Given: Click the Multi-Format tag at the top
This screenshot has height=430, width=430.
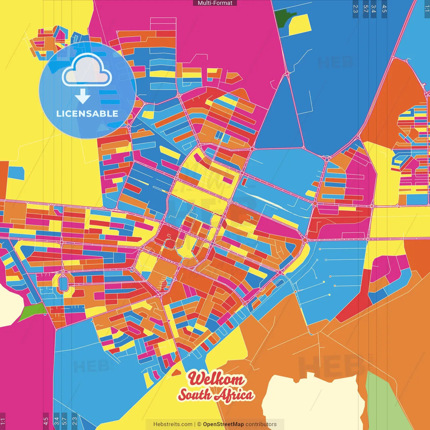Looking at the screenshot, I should (x=215, y=3).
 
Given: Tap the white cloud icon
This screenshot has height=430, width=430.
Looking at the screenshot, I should (x=87, y=71).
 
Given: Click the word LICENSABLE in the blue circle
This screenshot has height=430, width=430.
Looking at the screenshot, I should (x=87, y=114).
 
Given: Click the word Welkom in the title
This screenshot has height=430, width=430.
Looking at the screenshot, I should (x=216, y=379).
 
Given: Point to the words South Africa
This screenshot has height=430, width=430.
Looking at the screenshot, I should (x=216, y=395).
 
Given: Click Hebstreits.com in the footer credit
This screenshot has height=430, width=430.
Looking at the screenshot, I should (x=173, y=424).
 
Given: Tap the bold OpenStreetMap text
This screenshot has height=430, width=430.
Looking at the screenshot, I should (x=223, y=424).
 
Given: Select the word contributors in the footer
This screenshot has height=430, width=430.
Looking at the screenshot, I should (x=261, y=424).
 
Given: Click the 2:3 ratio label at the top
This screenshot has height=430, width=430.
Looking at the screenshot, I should (x=355, y=9).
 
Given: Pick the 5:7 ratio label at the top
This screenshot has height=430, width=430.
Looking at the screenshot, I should (x=365, y=9).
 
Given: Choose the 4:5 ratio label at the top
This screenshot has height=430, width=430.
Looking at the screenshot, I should (x=384, y=9).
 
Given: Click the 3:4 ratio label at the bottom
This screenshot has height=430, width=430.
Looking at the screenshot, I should (x=56, y=421).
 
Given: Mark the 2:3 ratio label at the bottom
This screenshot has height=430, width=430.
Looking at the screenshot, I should (x=74, y=421).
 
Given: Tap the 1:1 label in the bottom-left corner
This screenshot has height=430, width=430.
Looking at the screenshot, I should (x=3, y=421).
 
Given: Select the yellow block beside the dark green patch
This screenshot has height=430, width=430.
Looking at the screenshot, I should (x=300, y=25).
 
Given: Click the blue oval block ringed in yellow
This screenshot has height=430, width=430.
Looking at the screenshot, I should (x=63, y=283).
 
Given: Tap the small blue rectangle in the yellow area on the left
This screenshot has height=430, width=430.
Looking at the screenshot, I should (x=16, y=173).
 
